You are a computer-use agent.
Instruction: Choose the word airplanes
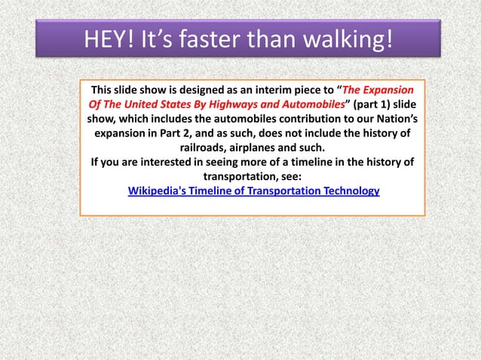point(262,147)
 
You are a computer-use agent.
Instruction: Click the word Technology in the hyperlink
point(348,191)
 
